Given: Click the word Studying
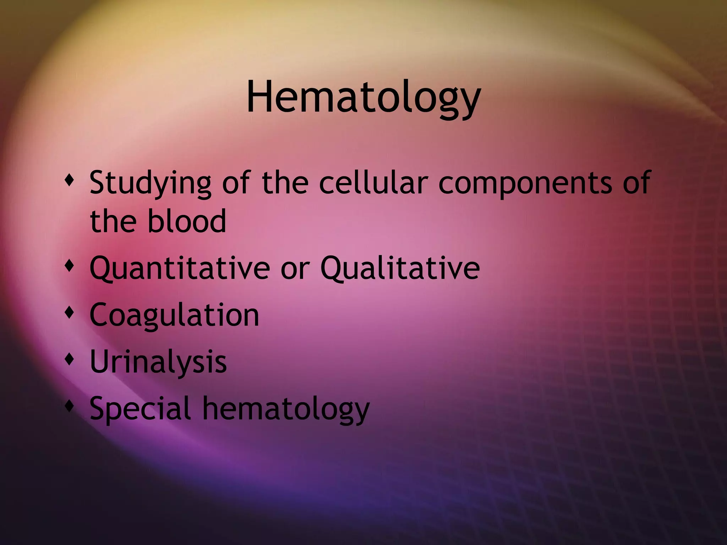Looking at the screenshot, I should pyautogui.click(x=150, y=184).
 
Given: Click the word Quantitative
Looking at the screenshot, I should pyautogui.click(x=180, y=268).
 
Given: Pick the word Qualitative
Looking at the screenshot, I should pyautogui.click(x=400, y=268).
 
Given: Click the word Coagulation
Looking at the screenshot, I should pyautogui.click(x=174, y=315).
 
